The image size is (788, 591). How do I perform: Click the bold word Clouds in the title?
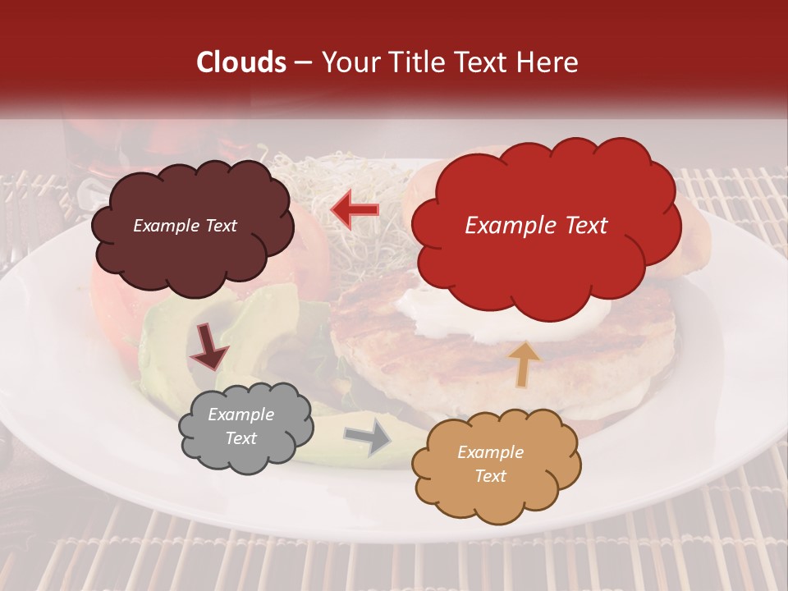[241, 62]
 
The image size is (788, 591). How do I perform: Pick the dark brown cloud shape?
[191, 227]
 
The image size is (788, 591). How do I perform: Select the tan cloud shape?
[496, 465]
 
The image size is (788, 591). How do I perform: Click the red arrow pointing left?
[355, 210]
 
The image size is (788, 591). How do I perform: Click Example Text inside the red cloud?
[536, 225]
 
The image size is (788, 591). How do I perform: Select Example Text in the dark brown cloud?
[185, 226]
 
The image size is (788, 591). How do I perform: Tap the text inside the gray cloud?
[241, 427]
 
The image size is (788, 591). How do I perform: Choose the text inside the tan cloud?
[490, 464]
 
